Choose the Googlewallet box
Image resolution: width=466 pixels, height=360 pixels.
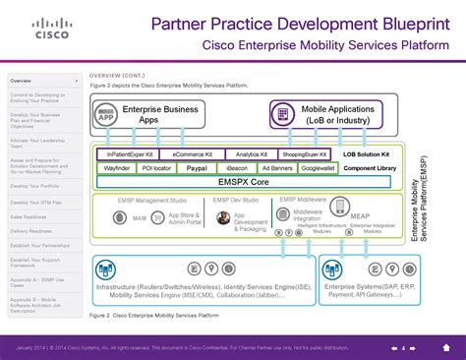[x=321, y=168]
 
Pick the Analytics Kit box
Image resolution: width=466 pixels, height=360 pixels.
[x=253, y=154]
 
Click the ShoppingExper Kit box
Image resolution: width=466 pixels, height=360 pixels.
[x=304, y=154]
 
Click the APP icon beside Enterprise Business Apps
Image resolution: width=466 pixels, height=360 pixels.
[x=108, y=115]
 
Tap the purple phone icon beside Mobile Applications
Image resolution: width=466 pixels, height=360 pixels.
[x=283, y=115]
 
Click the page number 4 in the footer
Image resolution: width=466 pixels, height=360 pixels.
[x=402, y=348]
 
